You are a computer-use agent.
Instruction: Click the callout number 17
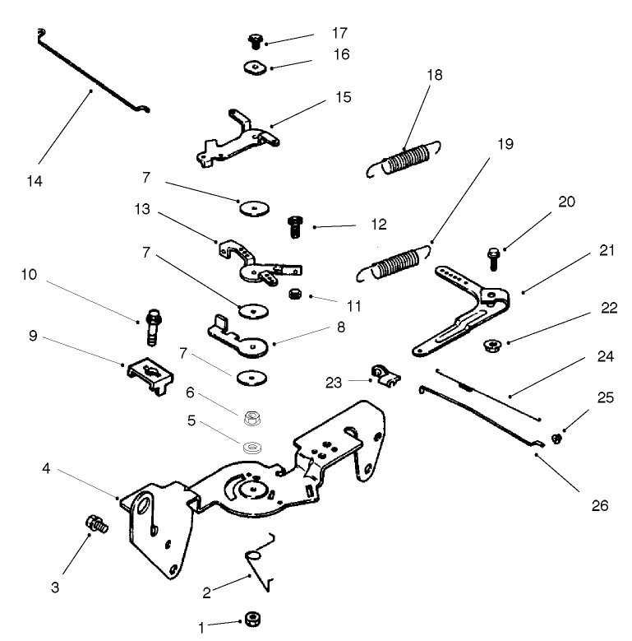click(x=339, y=34)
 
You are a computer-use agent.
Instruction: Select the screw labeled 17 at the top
click(x=255, y=39)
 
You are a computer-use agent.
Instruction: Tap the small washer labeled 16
click(x=255, y=67)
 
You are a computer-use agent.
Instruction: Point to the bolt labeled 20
click(x=493, y=256)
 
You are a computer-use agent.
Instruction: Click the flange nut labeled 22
click(x=493, y=344)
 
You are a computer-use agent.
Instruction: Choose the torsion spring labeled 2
click(x=259, y=564)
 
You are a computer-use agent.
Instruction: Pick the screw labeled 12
click(x=294, y=225)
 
